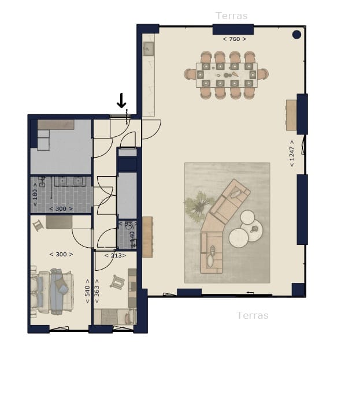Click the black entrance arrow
click(x=121, y=100)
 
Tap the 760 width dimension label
click(x=235, y=39)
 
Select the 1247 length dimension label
click(x=292, y=153)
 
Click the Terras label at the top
click(x=231, y=16)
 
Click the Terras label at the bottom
click(x=253, y=315)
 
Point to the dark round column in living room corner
click(x=296, y=35)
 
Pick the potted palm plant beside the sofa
click(x=197, y=205)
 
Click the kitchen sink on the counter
click(x=148, y=48)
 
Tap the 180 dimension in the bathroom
click(x=35, y=195)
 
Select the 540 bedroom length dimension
click(x=87, y=294)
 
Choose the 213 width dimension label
click(x=115, y=255)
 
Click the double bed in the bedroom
click(x=53, y=292)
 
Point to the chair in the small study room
click(x=118, y=282)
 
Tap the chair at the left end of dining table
click(x=189, y=74)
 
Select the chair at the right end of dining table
click(x=263, y=74)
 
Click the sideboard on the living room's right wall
click(x=291, y=115)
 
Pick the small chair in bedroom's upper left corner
click(x=38, y=225)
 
